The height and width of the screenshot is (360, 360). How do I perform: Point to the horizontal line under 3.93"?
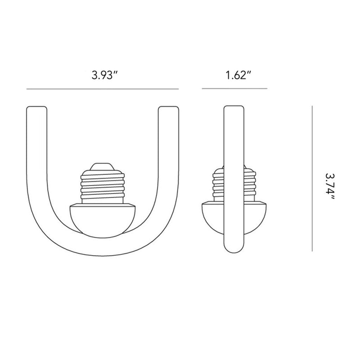103,89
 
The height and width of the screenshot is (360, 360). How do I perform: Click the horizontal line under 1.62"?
234,89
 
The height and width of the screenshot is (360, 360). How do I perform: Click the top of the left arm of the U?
37,110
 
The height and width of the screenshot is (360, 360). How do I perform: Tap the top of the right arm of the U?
169,110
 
